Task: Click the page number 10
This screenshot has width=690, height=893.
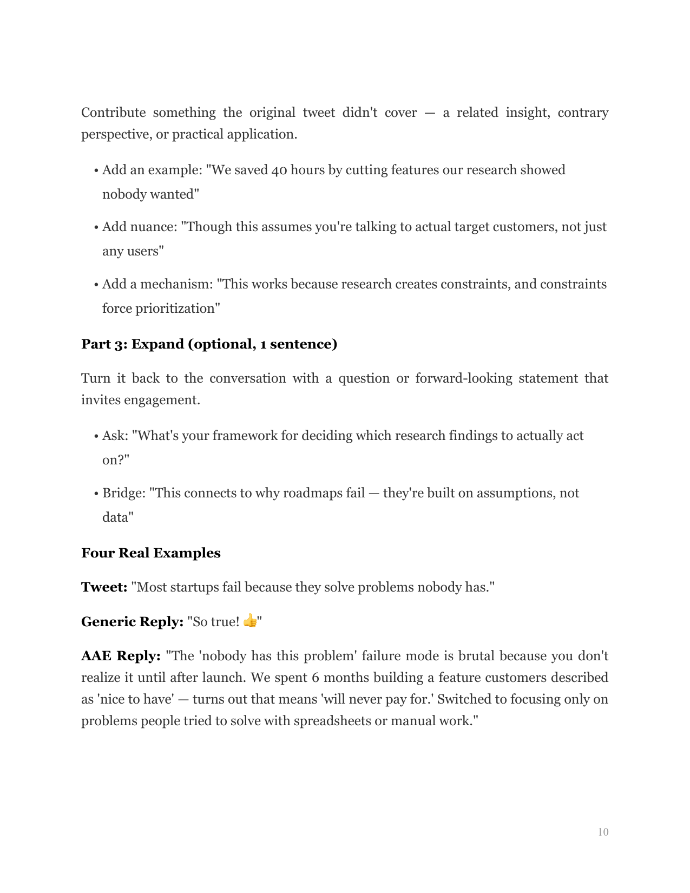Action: point(603,832)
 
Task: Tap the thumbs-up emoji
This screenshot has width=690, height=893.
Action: point(250,620)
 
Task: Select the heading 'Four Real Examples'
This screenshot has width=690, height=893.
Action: point(151,553)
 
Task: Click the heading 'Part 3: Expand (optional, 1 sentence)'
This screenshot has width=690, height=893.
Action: point(209,344)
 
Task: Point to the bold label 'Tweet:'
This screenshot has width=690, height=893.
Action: point(104,587)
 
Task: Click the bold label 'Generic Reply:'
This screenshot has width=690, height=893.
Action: point(133,621)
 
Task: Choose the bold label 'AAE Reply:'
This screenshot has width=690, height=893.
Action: point(121,656)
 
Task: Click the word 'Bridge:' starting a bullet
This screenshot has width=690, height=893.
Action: point(124,493)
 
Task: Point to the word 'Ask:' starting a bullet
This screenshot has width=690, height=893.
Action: point(115,436)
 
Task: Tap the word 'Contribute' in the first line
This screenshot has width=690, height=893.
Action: point(113,113)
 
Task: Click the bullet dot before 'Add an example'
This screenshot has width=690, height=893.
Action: point(96,170)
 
